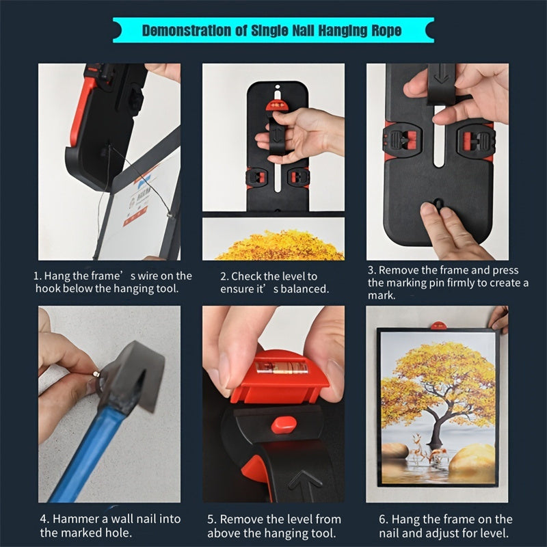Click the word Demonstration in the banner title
point(186,31)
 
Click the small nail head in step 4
point(96,374)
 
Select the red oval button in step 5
point(284,424)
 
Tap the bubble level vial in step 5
point(282,368)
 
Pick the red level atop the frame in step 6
point(439,325)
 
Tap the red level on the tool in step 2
point(277,105)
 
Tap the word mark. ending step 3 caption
point(382,296)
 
